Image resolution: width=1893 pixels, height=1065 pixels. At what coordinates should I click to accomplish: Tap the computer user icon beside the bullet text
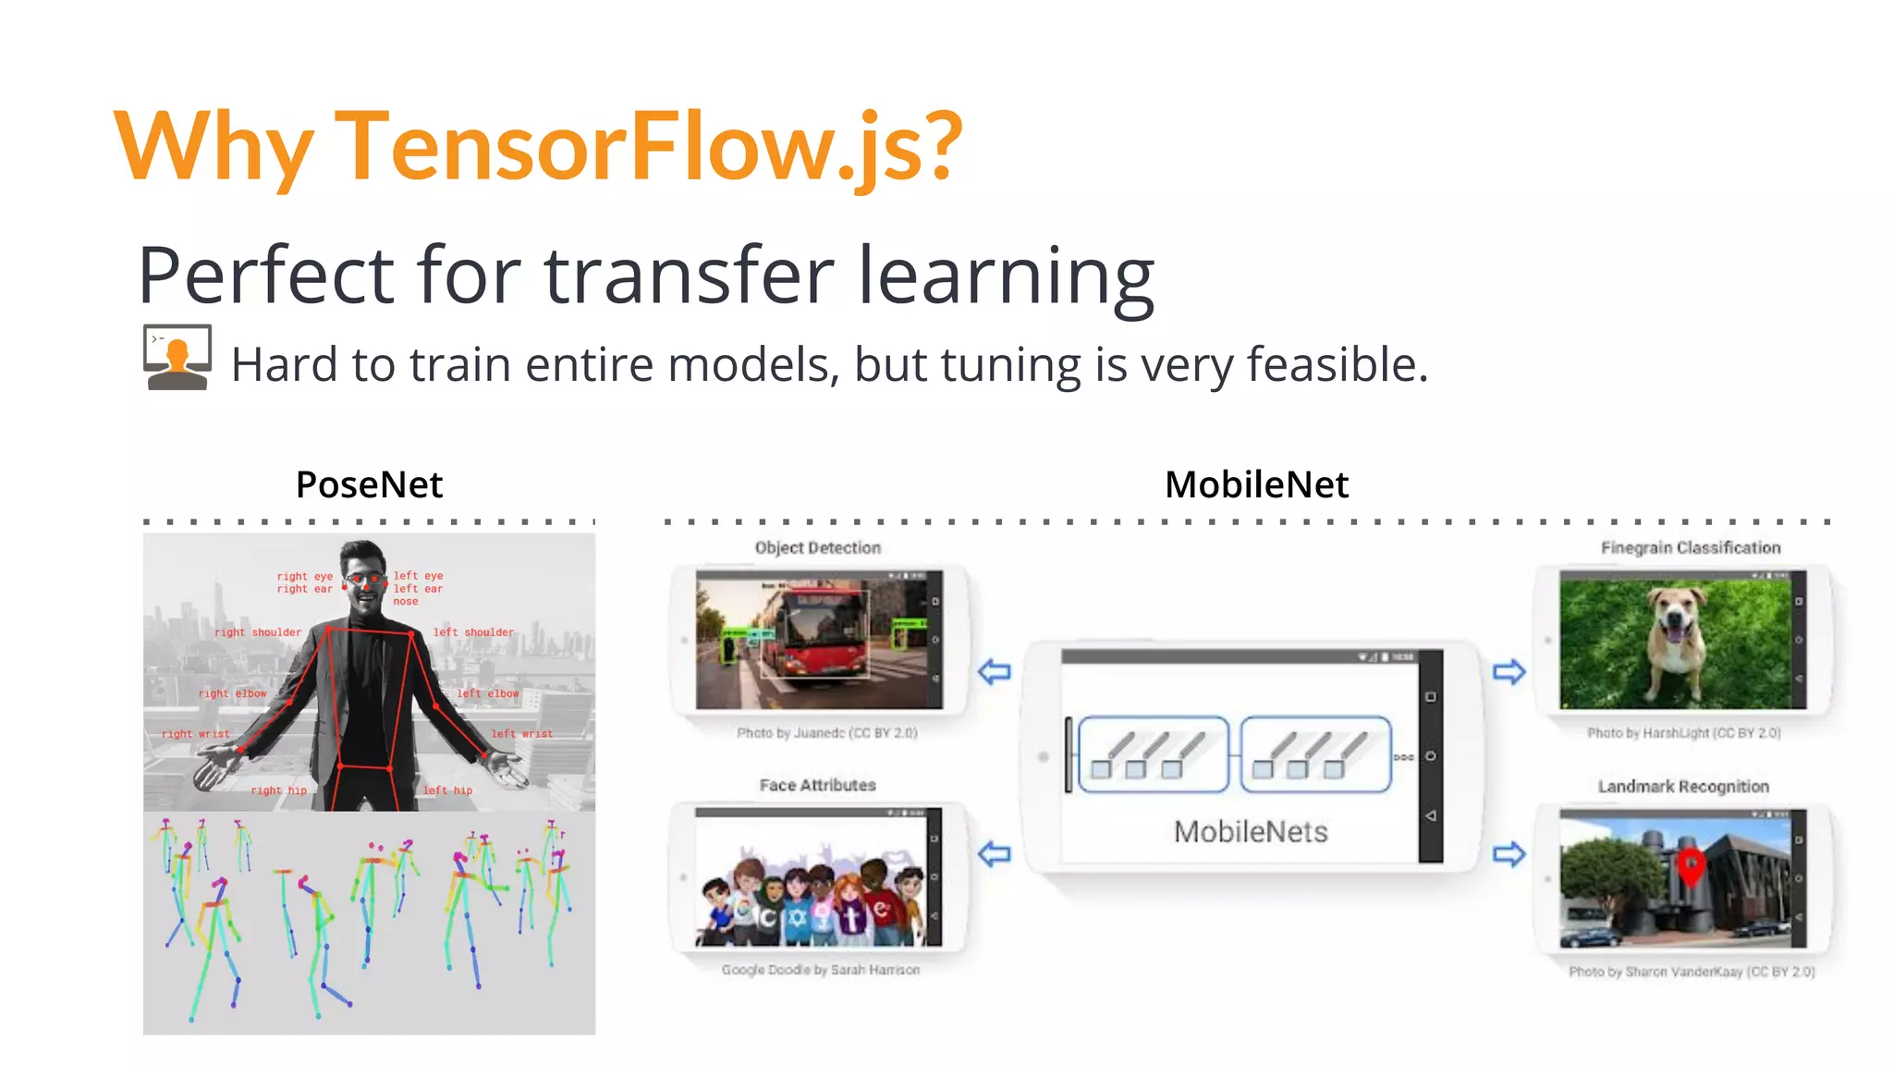pyautogui.click(x=177, y=358)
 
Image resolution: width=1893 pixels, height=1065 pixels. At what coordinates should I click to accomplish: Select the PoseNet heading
pyautogui.click(x=369, y=484)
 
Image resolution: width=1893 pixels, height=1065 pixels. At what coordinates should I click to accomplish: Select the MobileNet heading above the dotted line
pyautogui.click(x=1256, y=484)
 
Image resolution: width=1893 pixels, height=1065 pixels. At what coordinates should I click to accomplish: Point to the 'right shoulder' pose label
pyautogui.click(x=258, y=632)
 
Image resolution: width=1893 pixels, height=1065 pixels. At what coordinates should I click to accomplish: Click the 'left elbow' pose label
pyautogui.click(x=488, y=693)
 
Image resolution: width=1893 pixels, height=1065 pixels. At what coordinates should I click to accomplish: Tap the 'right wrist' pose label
pyautogui.click(x=195, y=734)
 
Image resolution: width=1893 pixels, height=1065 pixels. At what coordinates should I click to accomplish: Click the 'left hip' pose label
pyautogui.click(x=447, y=790)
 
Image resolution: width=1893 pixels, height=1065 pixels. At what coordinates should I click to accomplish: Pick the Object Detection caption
pyautogui.click(x=818, y=548)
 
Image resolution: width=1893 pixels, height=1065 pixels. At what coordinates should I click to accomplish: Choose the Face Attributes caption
pyautogui.click(x=818, y=785)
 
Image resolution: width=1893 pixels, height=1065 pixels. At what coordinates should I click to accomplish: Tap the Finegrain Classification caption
pyautogui.click(x=1691, y=548)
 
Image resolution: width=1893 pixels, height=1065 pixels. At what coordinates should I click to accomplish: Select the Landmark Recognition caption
pyautogui.click(x=1683, y=787)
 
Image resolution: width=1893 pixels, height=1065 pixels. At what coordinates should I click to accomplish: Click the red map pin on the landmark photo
pyautogui.click(x=1691, y=864)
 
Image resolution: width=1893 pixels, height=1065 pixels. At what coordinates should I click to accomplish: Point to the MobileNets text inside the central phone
pyautogui.click(x=1251, y=832)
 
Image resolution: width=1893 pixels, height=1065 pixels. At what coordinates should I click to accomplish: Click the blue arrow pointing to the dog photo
pyautogui.click(x=1508, y=672)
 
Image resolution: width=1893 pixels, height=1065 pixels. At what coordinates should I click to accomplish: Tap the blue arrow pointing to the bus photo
pyautogui.click(x=995, y=672)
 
